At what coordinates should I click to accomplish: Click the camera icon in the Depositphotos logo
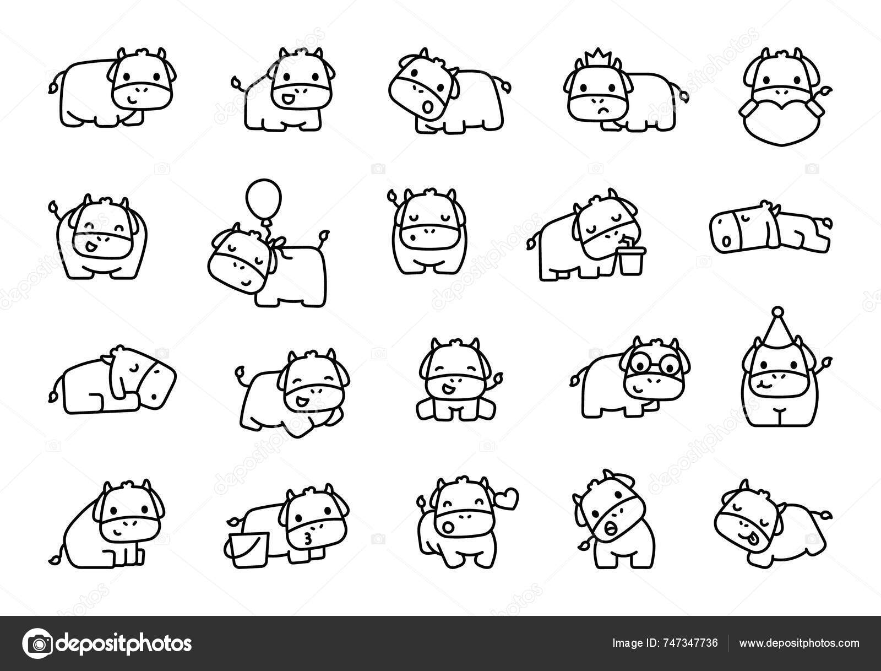pos(38,643)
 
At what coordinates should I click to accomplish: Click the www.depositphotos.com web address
pos(799,643)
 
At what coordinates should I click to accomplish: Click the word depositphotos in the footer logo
pos(124,643)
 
